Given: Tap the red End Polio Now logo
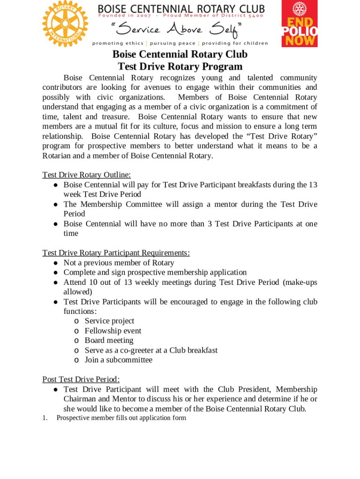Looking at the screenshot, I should [x=299, y=23].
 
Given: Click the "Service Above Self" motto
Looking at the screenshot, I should [x=180, y=30].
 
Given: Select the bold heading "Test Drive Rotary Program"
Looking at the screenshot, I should [x=180, y=67].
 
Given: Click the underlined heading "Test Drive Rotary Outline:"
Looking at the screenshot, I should [x=86, y=175].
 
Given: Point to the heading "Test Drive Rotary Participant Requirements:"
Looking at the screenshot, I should [x=116, y=253].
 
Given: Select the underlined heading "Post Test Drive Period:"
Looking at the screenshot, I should [x=81, y=379].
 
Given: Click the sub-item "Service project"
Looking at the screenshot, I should [x=109, y=321].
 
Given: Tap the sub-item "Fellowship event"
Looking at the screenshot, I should [x=113, y=331].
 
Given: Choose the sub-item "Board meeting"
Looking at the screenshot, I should [x=109, y=341].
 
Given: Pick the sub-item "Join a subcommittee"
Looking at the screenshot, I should [x=118, y=360].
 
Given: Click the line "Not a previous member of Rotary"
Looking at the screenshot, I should [x=119, y=263].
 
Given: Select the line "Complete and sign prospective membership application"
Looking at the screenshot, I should [x=155, y=272].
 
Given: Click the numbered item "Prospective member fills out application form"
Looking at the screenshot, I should [x=121, y=418].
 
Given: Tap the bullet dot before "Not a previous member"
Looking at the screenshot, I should [x=55, y=263].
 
